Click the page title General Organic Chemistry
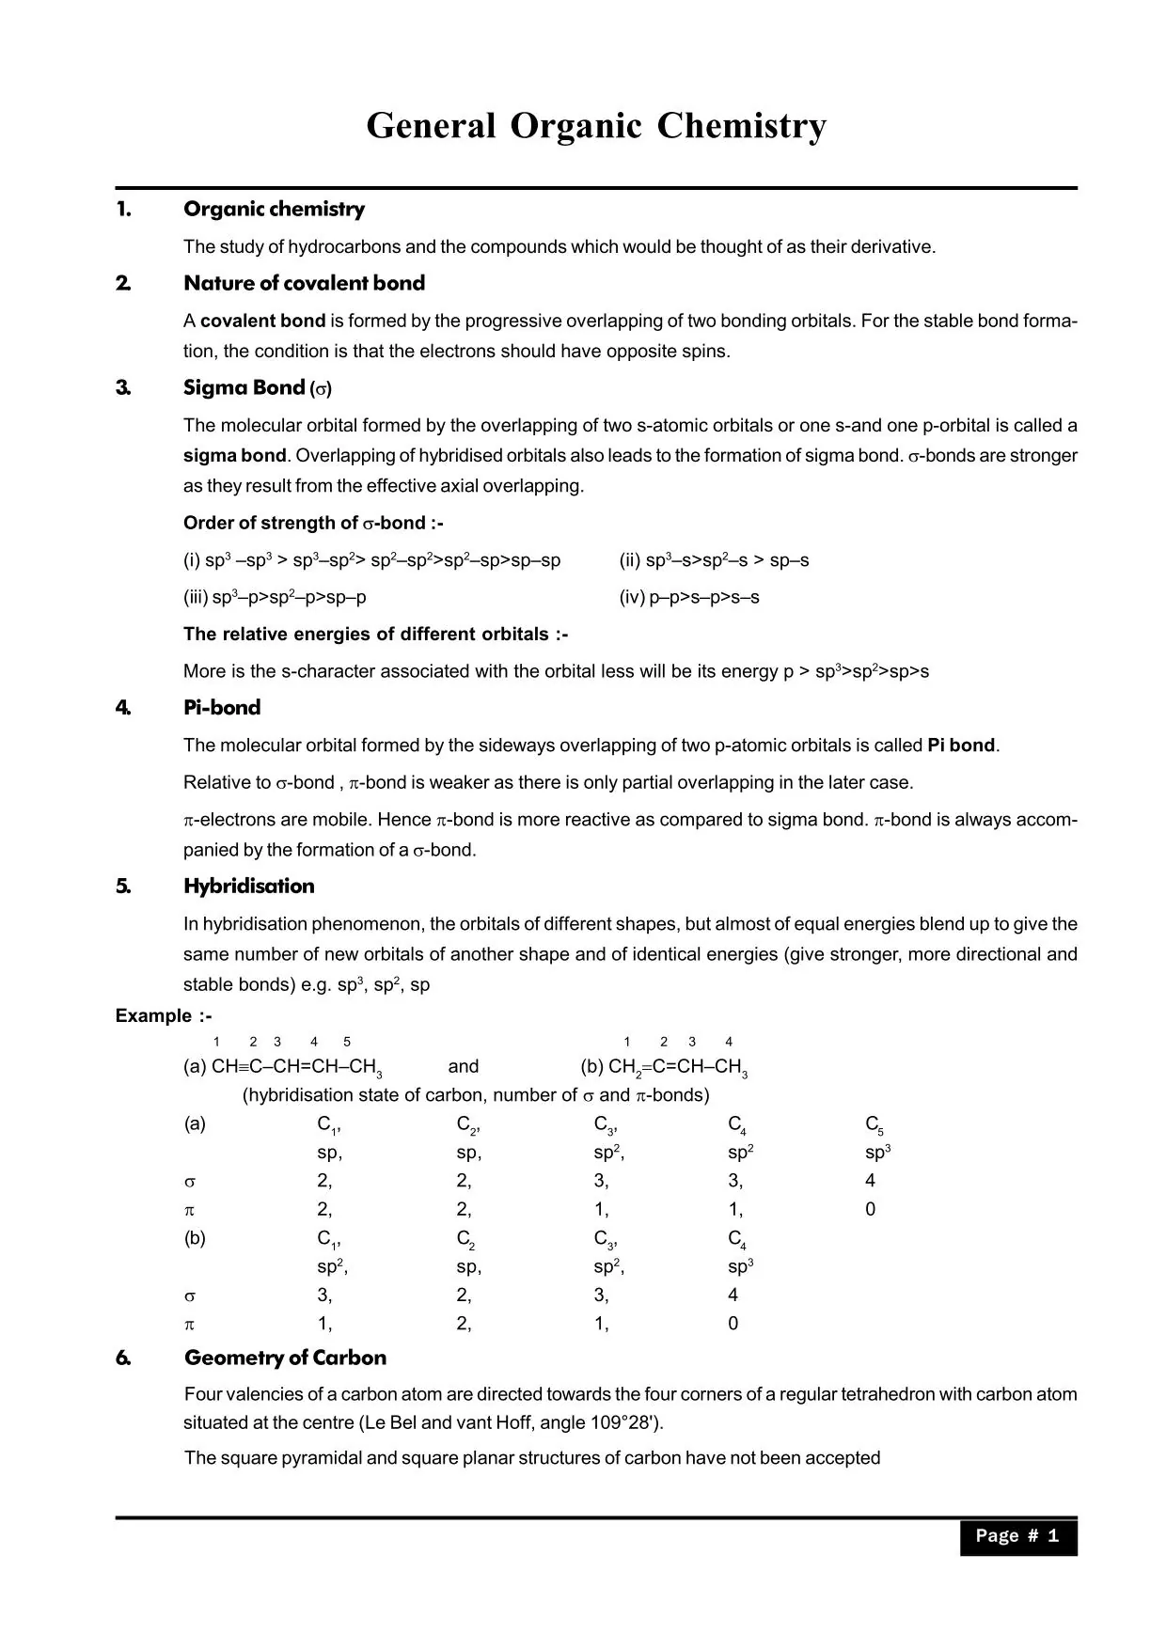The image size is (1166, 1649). (x=596, y=126)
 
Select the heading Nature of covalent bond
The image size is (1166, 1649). (x=304, y=283)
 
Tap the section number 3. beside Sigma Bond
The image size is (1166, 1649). (x=123, y=387)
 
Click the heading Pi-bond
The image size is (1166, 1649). (x=222, y=708)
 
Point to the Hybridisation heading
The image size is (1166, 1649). (x=249, y=886)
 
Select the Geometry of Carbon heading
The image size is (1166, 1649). (x=285, y=1358)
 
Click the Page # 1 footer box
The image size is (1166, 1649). (x=1017, y=1535)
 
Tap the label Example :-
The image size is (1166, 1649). (x=164, y=1015)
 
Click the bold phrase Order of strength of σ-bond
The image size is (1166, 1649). (x=312, y=523)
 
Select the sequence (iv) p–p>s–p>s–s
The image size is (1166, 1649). (x=688, y=597)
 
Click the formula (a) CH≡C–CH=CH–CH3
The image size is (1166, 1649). (x=282, y=1067)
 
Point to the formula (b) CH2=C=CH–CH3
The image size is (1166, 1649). (x=664, y=1067)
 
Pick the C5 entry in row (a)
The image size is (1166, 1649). (x=874, y=1124)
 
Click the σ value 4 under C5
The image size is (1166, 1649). (x=870, y=1181)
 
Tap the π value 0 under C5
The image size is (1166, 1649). (x=870, y=1210)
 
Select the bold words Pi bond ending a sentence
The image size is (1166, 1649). (x=960, y=746)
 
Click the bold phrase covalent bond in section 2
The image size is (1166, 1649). (x=262, y=321)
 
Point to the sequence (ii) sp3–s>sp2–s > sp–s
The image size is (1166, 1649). (x=713, y=560)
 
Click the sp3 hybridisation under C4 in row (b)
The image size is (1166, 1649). (x=740, y=1267)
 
